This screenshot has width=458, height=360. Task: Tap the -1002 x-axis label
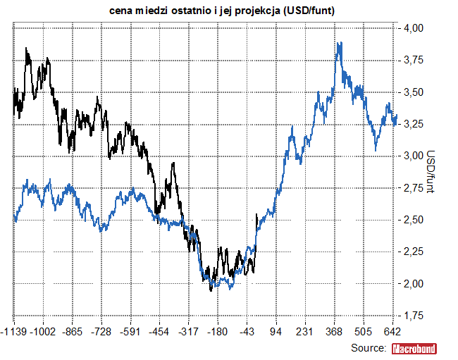click(44, 332)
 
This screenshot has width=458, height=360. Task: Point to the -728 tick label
click(102, 332)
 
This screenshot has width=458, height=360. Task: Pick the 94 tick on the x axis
click(276, 332)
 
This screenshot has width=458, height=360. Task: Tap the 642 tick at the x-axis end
click(392, 332)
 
